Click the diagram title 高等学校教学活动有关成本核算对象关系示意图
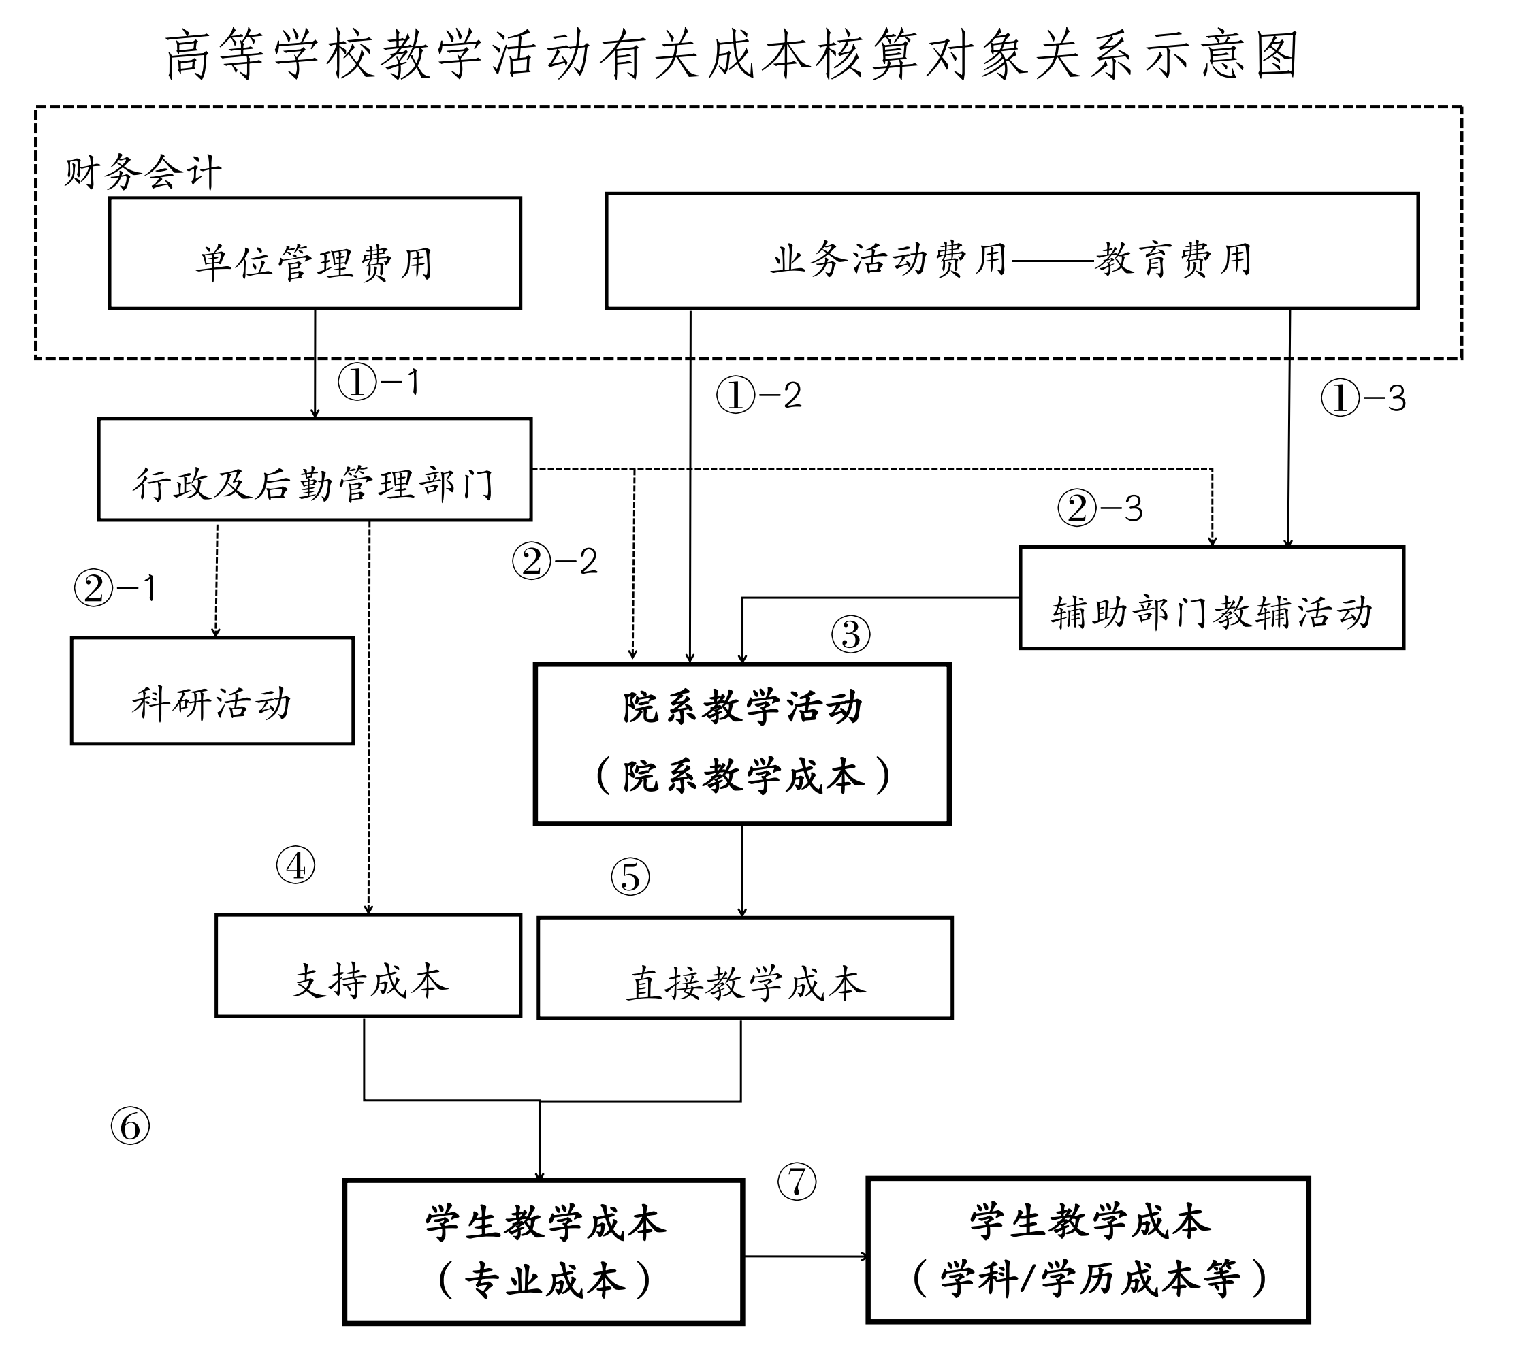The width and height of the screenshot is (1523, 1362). coord(731,54)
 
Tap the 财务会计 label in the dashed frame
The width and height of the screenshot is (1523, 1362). coord(143,173)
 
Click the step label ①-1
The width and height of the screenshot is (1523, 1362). coord(378,382)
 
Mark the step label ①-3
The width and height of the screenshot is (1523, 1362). coord(1363,398)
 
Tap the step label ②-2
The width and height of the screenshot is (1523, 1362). coord(555,562)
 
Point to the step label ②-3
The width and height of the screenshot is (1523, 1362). coord(1100,508)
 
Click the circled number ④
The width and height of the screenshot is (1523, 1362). coord(295,865)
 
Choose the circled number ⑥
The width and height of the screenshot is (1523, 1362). coord(130,1126)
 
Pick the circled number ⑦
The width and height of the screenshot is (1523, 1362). coord(797,1182)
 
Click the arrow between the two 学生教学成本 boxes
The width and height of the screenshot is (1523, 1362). coord(806,1256)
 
